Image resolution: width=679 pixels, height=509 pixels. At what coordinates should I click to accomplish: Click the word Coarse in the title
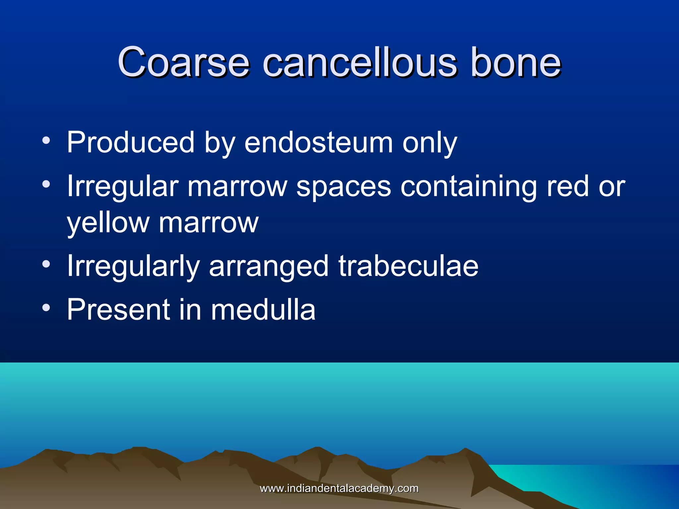(x=183, y=62)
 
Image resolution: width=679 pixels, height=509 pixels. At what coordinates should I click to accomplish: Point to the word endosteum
(x=318, y=142)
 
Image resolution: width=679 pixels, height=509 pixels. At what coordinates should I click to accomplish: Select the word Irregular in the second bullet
(x=123, y=187)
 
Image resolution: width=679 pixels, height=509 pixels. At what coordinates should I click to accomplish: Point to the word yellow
(x=108, y=223)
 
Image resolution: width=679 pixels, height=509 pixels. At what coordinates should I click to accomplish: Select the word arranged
(x=269, y=267)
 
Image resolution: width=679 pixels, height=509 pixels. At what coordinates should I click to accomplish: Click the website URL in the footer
(x=339, y=488)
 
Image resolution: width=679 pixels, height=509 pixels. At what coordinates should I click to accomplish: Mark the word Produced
(x=130, y=142)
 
